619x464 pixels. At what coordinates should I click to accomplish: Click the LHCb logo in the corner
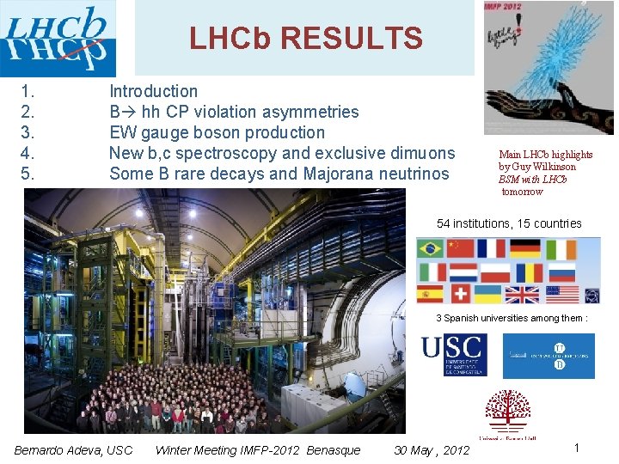click(58, 39)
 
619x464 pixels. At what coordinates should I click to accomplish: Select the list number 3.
click(28, 132)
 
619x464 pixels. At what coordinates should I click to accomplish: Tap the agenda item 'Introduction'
click(153, 91)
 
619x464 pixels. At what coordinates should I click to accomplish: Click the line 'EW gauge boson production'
click(217, 132)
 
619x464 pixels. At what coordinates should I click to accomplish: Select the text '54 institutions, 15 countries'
click(509, 223)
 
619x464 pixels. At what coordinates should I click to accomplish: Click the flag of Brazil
click(430, 248)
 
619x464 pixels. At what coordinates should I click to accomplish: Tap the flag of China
click(461, 248)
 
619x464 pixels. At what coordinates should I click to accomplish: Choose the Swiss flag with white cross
click(461, 295)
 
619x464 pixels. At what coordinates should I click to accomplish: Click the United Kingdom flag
click(522, 295)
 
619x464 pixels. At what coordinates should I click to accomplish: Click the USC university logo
click(453, 355)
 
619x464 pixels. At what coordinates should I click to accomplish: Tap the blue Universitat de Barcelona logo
click(548, 356)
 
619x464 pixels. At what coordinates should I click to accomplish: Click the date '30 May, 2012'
click(432, 450)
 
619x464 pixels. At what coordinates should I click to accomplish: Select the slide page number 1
click(577, 448)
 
